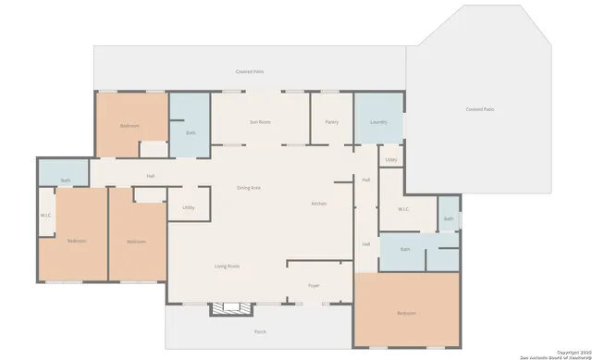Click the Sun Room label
260,122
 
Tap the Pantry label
331,122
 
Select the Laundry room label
378,122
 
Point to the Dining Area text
248,188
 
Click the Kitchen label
319,203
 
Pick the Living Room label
227,267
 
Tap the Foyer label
314,286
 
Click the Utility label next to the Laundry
391,160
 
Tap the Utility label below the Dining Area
189,207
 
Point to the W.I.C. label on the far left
45,216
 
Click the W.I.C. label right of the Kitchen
404,209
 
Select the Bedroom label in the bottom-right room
406,314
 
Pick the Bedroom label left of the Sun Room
129,126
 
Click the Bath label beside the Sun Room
191,132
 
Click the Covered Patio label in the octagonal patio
480,109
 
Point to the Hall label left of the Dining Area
150,176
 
